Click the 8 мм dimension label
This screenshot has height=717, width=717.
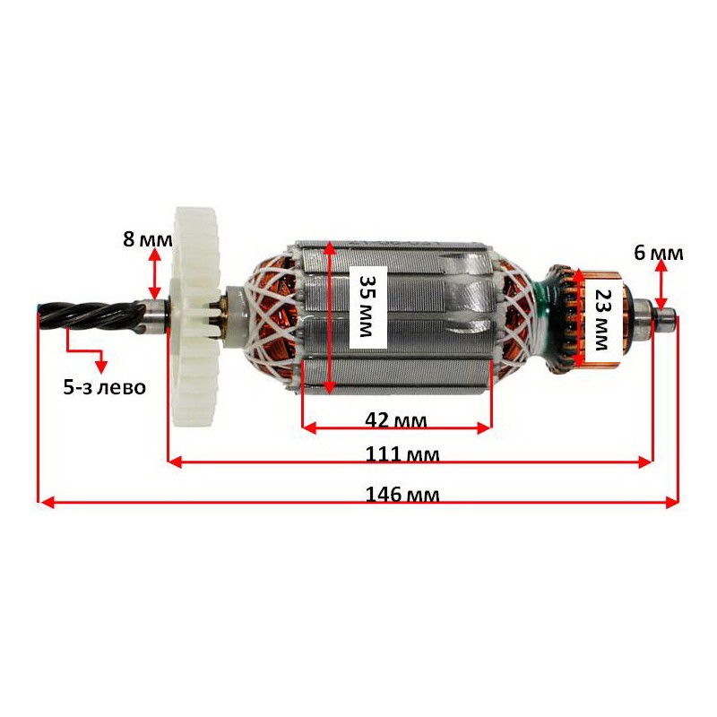148,239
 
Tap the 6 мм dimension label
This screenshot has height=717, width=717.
659,253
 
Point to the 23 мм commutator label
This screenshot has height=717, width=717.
602,320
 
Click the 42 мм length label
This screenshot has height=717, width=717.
396,419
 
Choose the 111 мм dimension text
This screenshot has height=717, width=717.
402,454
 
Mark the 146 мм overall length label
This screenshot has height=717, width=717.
402,495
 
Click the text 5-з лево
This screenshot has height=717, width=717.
105,388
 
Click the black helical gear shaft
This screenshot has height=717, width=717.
91,315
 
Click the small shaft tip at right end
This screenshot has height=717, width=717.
668,316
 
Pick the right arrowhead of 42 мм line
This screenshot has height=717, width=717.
484,428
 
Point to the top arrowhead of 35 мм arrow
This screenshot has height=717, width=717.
329,248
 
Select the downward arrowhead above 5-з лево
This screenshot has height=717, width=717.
101,367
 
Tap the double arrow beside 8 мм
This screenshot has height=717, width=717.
155,274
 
